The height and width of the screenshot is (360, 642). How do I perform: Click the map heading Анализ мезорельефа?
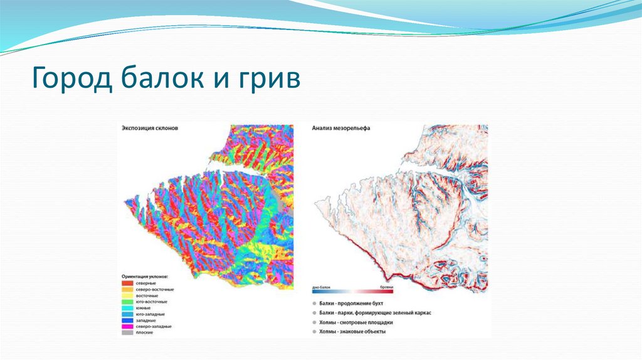[x=341, y=128]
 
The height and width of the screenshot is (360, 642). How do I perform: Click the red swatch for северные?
[x=128, y=283]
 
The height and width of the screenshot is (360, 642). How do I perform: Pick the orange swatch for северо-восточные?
[x=128, y=289]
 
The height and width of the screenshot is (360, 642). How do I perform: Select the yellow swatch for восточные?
[x=128, y=295]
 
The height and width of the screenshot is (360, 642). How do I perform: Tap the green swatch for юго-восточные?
[x=128, y=302]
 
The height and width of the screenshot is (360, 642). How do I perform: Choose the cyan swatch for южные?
[x=128, y=308]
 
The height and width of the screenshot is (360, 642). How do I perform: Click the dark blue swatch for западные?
[x=128, y=320]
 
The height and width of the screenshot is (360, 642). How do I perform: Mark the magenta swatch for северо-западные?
[x=128, y=327]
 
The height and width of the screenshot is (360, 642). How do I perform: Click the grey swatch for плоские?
[x=128, y=333]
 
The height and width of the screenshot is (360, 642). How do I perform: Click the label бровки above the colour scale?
[x=386, y=287]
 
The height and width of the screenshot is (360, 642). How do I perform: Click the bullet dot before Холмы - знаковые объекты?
[x=313, y=331]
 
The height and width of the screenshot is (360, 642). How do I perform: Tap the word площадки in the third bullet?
[x=380, y=322]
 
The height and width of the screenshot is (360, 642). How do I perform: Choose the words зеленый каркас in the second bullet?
[x=414, y=312]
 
